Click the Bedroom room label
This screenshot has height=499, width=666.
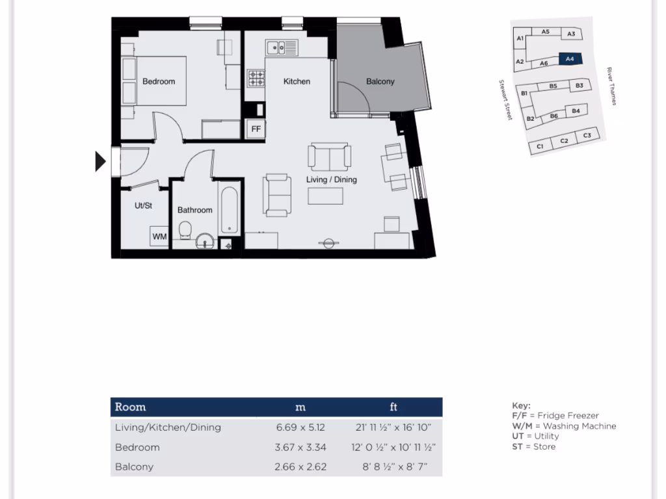pyautogui.click(x=159, y=82)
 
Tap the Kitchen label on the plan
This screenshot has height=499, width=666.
pyautogui.click(x=297, y=82)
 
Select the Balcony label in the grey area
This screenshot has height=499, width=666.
pyautogui.click(x=380, y=82)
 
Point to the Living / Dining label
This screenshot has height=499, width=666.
pyautogui.click(x=332, y=180)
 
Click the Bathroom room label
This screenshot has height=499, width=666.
pyautogui.click(x=195, y=210)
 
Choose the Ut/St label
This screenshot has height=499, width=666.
pyautogui.click(x=143, y=205)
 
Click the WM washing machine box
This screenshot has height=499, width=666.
pyautogui.click(x=159, y=237)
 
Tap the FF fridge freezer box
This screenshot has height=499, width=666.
pyautogui.click(x=256, y=129)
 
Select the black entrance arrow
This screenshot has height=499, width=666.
pyautogui.click(x=100, y=161)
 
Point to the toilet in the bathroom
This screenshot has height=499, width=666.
pyautogui.click(x=185, y=231)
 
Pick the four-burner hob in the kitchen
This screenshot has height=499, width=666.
pyautogui.click(x=256, y=79)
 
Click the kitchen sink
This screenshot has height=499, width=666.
pyautogui.click(x=282, y=47)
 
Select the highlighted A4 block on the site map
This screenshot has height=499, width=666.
pyautogui.click(x=570, y=59)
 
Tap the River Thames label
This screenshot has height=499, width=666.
pyautogui.click(x=611, y=86)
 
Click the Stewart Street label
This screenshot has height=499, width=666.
pyautogui.click(x=505, y=100)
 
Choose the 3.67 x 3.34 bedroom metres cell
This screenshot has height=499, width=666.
pyautogui.click(x=301, y=447)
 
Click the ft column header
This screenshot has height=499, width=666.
pyautogui.click(x=393, y=407)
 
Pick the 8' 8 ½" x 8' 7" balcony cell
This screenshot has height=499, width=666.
pyautogui.click(x=393, y=467)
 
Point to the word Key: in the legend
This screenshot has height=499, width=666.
pyautogui.click(x=521, y=405)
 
